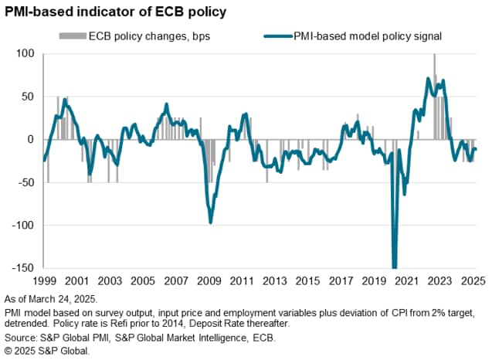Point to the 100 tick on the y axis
(26, 53)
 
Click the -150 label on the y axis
(24, 268)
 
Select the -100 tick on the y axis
(24, 225)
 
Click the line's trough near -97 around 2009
(211, 222)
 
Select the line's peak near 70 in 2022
(428, 79)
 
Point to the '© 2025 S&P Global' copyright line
(47, 352)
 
